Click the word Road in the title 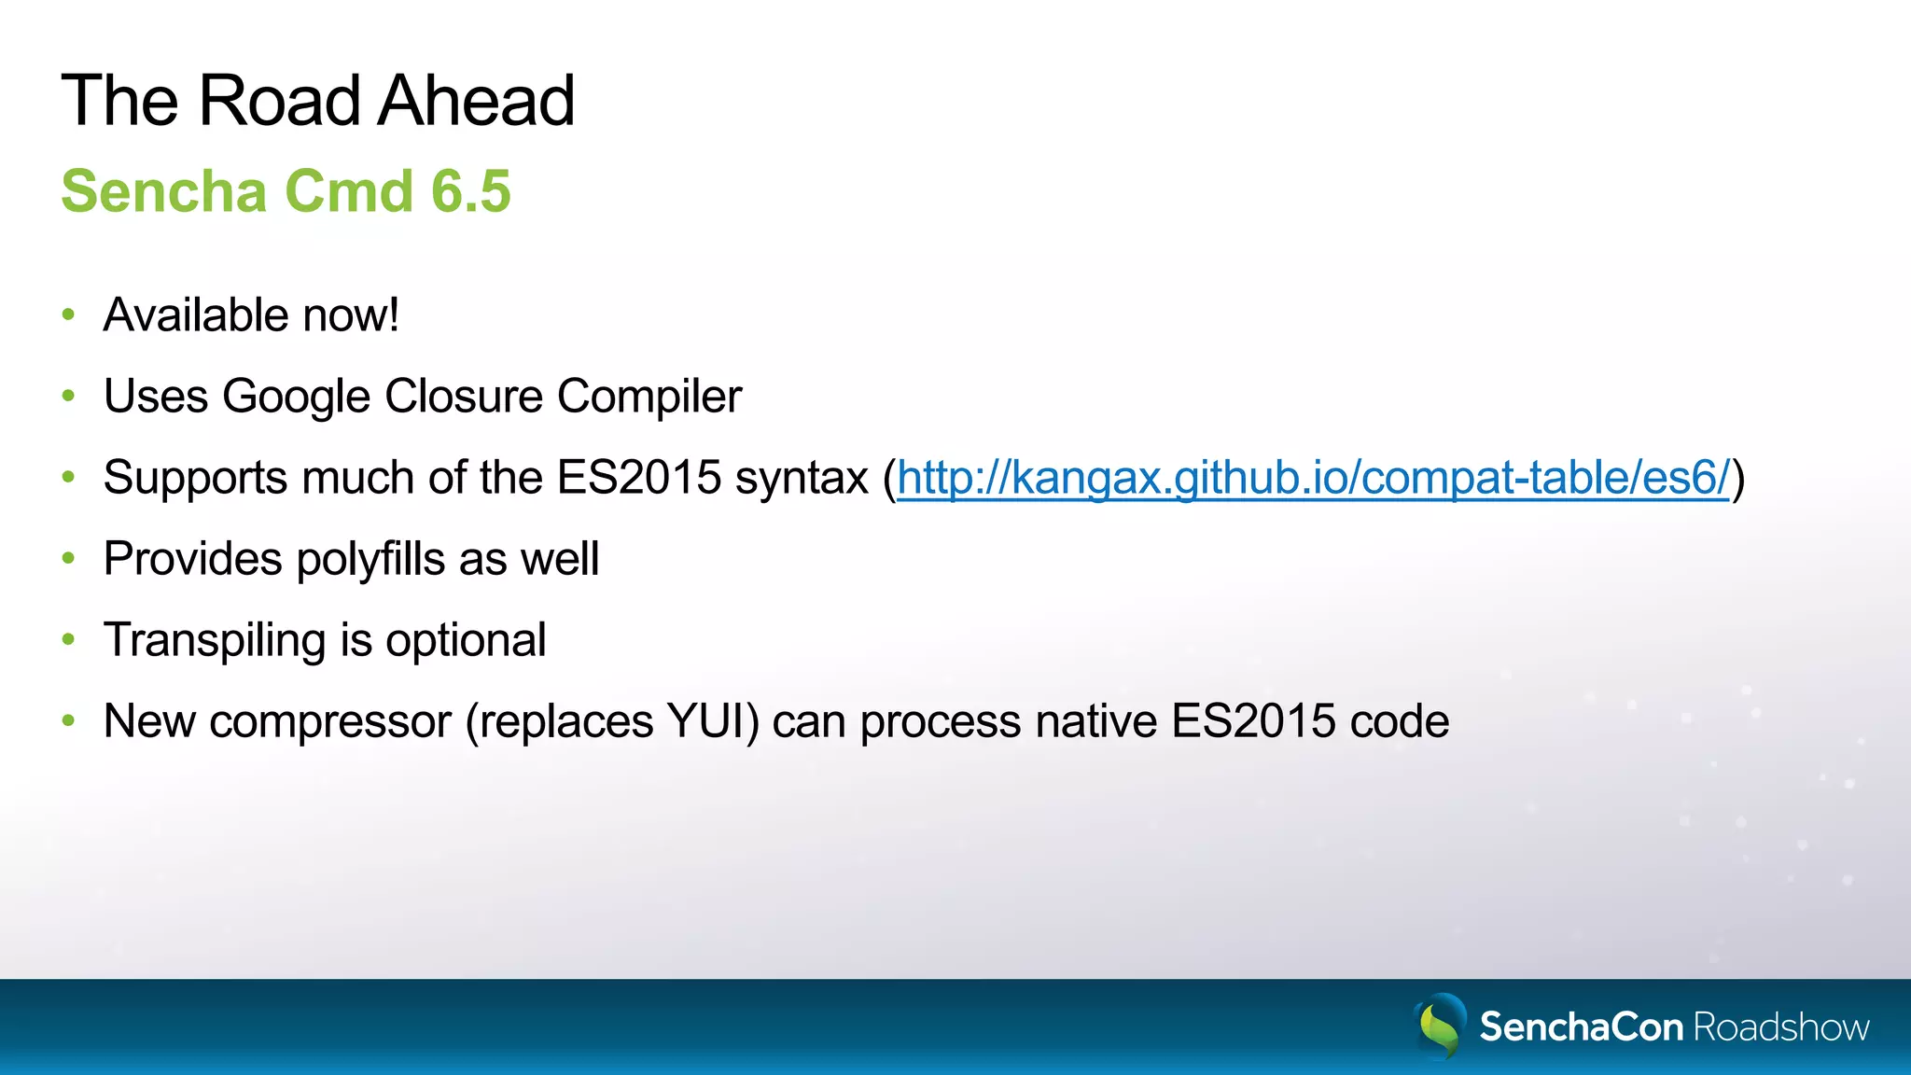[278, 101]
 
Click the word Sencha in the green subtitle [164, 191]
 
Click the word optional [466, 641]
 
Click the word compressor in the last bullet [330, 721]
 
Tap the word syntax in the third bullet [802, 478]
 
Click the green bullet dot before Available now [68, 315]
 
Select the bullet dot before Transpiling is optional [68, 640]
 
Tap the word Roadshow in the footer [1780, 1027]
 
